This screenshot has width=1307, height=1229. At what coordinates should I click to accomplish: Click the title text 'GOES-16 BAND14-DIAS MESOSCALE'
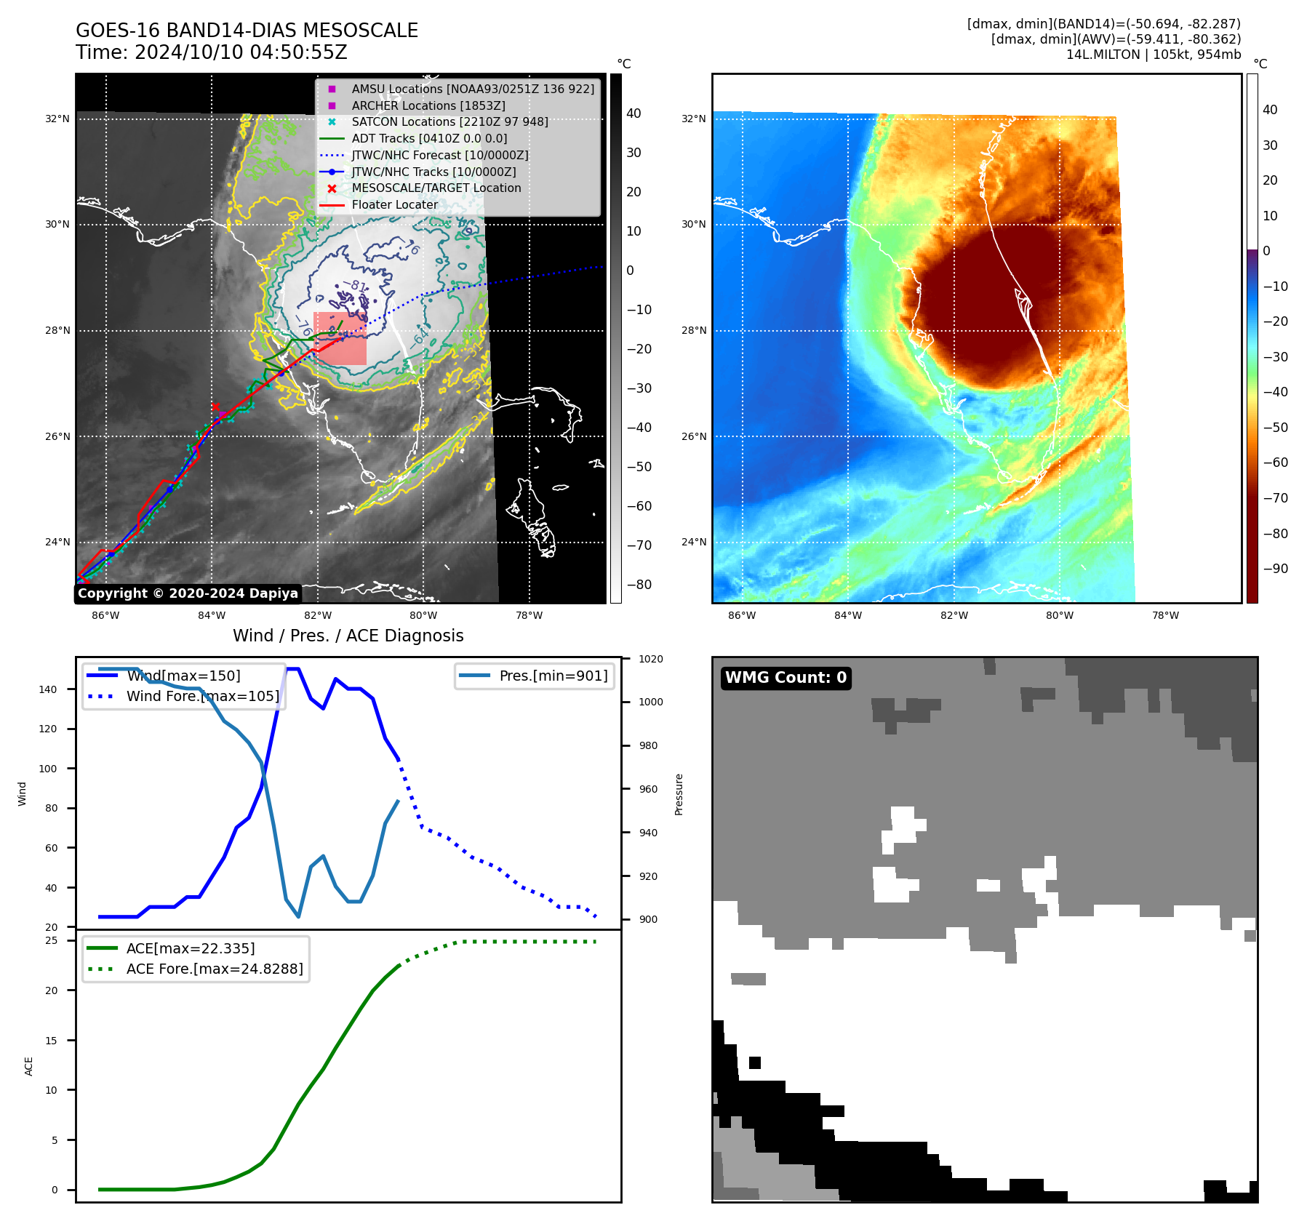(247, 31)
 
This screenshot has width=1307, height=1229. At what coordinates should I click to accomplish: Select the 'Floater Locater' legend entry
(394, 205)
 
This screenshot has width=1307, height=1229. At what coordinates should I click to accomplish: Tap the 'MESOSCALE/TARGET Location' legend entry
(436, 188)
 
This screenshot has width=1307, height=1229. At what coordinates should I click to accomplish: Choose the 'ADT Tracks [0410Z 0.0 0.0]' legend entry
(429, 138)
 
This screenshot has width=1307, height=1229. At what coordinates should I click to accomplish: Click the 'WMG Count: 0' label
(786, 678)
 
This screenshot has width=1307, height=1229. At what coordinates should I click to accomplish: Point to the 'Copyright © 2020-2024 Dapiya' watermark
(188, 593)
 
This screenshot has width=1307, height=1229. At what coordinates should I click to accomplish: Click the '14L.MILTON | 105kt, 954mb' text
(1153, 55)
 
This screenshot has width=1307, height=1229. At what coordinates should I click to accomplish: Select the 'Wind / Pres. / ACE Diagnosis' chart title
(348, 636)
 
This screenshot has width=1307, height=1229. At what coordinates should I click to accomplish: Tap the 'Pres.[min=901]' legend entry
(553, 676)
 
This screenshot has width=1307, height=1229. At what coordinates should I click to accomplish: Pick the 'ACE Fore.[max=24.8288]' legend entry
(215, 969)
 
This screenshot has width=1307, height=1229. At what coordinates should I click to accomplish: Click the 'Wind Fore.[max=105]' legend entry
(202, 696)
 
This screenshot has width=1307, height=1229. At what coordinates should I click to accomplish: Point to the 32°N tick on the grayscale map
(57, 119)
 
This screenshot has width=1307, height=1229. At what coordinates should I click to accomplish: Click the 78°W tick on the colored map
(1165, 615)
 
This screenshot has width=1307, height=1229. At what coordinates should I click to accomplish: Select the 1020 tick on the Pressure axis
(651, 659)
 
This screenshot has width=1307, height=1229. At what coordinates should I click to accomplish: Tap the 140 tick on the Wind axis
(47, 689)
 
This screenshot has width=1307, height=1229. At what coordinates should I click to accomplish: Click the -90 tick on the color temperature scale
(1275, 569)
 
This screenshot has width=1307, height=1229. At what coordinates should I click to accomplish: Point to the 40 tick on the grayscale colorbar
(633, 113)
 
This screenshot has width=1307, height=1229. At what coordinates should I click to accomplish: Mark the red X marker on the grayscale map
(215, 407)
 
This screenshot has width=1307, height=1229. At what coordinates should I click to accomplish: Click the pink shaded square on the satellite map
(340, 338)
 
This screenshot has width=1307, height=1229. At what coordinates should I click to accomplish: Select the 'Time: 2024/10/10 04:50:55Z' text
(211, 52)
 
